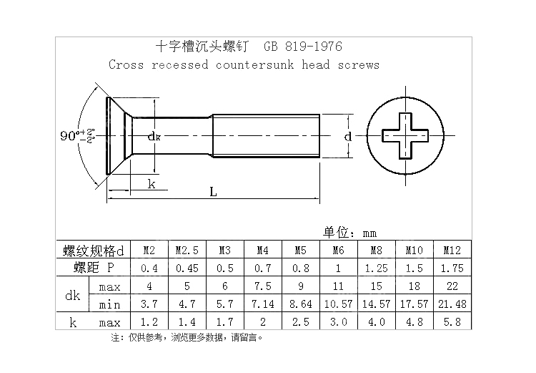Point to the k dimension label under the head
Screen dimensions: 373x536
click(x=152, y=184)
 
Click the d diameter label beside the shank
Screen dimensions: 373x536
click(x=347, y=136)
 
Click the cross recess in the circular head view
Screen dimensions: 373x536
click(x=405, y=136)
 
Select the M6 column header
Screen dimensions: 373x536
click(x=339, y=251)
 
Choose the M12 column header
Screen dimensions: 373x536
click(x=452, y=251)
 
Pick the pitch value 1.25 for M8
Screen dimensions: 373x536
click(x=376, y=268)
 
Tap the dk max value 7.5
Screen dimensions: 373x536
click(x=262, y=287)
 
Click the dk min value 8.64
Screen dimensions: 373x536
click(x=300, y=305)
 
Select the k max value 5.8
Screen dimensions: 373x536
click(x=452, y=323)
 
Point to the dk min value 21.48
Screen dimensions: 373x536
click(x=452, y=305)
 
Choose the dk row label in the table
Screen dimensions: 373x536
click(x=72, y=296)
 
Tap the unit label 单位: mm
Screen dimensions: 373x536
click(x=349, y=233)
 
